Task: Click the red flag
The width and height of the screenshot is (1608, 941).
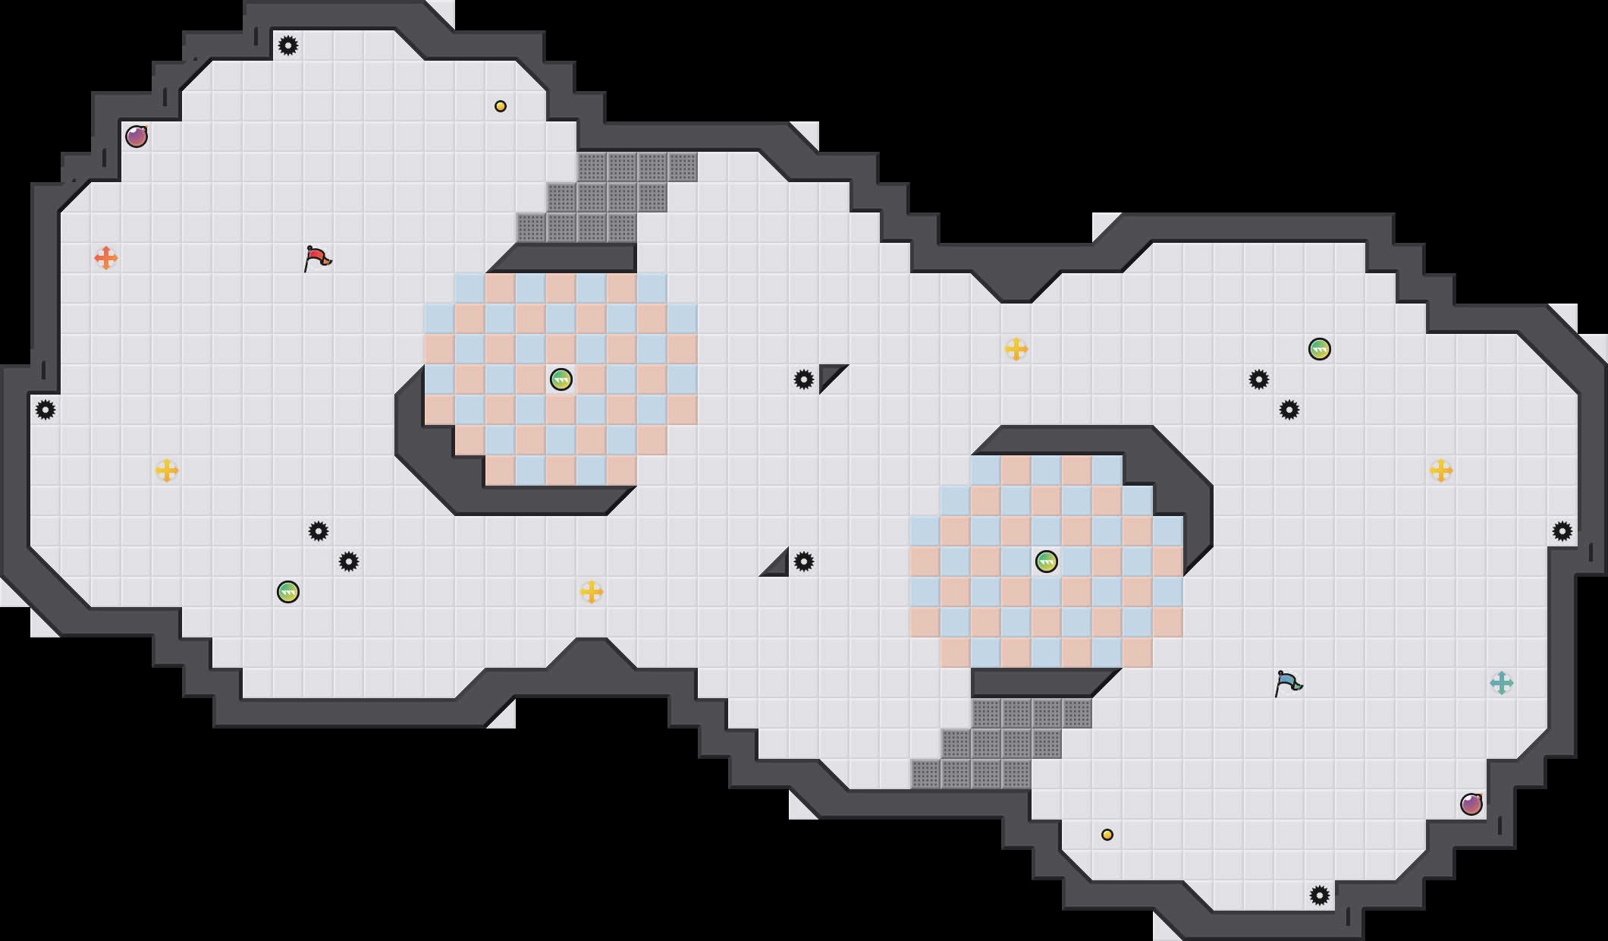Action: (x=317, y=258)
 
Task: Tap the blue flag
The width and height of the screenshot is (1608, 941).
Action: (x=1288, y=683)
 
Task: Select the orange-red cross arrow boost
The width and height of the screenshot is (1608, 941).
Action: (x=106, y=258)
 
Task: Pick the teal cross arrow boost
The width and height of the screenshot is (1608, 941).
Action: (x=1502, y=683)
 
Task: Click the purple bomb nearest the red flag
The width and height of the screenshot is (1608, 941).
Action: (x=137, y=137)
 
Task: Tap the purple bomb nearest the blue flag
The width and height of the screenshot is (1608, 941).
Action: (x=1471, y=804)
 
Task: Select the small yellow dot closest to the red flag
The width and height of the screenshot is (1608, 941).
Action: (x=501, y=106)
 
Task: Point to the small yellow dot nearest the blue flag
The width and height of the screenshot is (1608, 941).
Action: (x=1107, y=835)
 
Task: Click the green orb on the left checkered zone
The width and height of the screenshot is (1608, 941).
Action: (x=561, y=379)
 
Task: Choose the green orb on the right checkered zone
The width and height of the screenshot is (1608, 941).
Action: (x=1047, y=562)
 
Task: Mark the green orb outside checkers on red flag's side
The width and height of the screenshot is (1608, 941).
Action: (x=288, y=592)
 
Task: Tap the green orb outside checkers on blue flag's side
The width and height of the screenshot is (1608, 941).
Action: (x=1320, y=349)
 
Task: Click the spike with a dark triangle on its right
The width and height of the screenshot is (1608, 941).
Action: (x=804, y=379)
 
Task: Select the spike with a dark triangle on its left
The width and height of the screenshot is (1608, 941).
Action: (x=804, y=562)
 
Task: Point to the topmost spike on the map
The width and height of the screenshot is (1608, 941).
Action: (x=288, y=46)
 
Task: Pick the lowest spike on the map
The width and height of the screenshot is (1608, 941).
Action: (x=1320, y=895)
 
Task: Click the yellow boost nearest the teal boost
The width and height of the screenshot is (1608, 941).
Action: (x=1441, y=470)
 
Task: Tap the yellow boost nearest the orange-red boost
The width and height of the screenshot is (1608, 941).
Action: (x=167, y=470)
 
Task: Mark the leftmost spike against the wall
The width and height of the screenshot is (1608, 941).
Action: (x=46, y=410)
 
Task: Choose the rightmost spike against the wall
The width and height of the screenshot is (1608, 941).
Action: (x=1562, y=531)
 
